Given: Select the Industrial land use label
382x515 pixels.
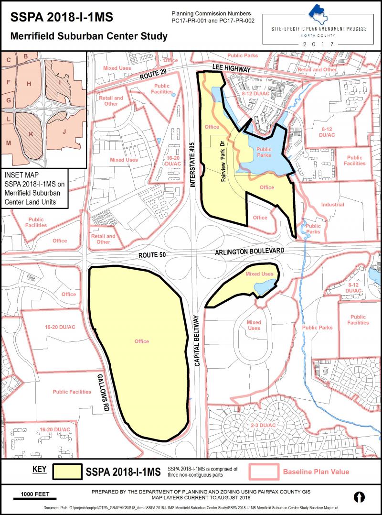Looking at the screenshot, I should (x=332, y=205).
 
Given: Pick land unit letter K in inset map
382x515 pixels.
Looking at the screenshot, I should (x=31, y=134).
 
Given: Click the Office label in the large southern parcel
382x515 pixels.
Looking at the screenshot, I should (x=142, y=341).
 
